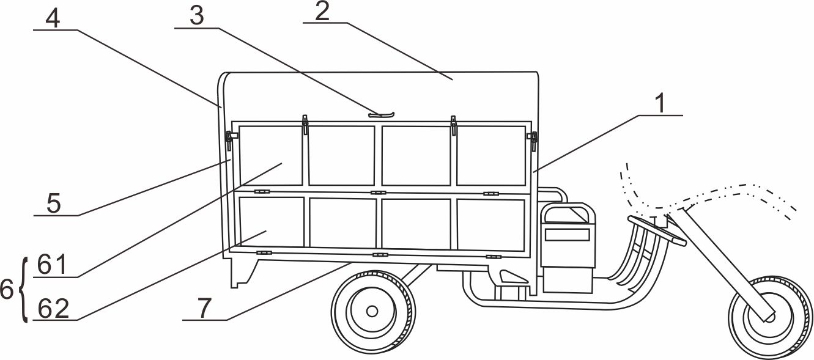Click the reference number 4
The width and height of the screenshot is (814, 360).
(53, 19)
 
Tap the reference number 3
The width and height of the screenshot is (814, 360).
(197, 17)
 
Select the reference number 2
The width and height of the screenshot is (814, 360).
(322, 12)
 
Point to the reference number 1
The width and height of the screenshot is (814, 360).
(661, 103)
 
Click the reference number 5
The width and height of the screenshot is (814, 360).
(54, 204)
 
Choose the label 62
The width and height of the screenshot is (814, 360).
(53, 309)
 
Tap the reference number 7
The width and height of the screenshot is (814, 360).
(204, 308)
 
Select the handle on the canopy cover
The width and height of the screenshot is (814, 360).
(381, 115)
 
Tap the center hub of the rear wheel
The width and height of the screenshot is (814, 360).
(372, 311)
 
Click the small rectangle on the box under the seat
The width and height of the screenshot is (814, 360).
(567, 235)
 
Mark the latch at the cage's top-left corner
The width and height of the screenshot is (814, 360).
(229, 141)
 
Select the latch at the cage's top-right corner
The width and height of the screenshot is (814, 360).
(533, 141)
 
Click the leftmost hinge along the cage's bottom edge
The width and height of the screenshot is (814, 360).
(264, 252)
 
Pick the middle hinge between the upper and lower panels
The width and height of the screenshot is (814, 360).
(378, 193)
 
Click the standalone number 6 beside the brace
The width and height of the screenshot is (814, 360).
(7, 290)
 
